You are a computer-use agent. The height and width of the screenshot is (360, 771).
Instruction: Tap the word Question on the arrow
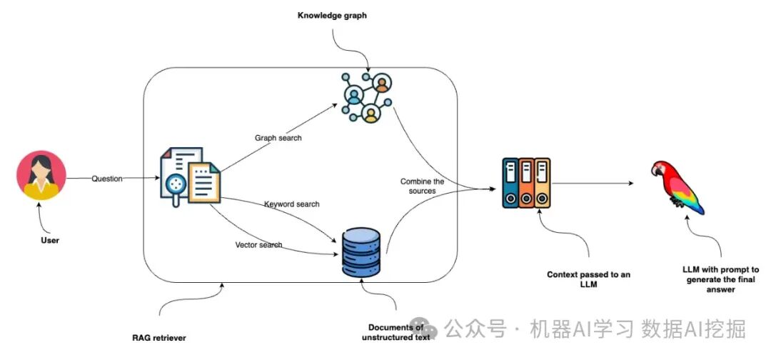click(x=107, y=179)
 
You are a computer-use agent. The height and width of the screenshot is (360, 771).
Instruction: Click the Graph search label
click(x=278, y=138)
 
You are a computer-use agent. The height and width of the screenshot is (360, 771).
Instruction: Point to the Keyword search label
click(x=291, y=204)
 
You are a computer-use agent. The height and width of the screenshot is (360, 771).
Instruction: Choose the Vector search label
click(x=258, y=245)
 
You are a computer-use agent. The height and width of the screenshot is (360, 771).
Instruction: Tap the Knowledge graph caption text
click(x=332, y=15)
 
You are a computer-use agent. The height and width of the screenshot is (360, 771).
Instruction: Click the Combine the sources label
click(x=422, y=186)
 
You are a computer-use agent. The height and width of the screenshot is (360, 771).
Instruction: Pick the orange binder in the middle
click(x=526, y=184)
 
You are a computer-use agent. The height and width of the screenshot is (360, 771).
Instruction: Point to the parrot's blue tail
click(x=692, y=204)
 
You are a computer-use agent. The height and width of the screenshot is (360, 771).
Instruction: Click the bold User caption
click(x=49, y=240)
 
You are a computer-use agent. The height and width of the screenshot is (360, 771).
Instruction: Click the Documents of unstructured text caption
click(x=395, y=332)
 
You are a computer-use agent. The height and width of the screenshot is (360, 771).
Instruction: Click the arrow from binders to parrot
click(x=593, y=184)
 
